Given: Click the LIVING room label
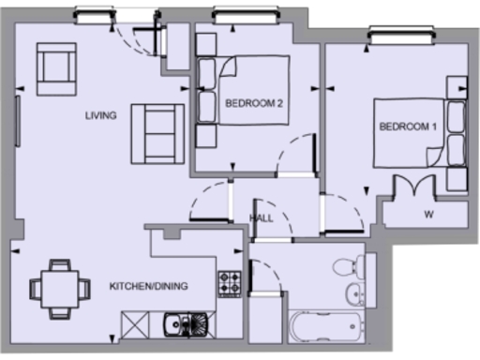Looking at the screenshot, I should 100,116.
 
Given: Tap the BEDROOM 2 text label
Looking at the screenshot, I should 253,104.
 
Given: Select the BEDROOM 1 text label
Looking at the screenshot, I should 408,127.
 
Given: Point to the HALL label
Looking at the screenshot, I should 262,217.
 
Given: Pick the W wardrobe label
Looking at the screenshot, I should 428,214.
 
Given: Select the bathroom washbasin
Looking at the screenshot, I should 356,293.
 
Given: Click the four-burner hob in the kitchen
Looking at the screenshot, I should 230,281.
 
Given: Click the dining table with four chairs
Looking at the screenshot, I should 60,287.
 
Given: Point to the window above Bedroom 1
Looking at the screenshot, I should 404,35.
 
